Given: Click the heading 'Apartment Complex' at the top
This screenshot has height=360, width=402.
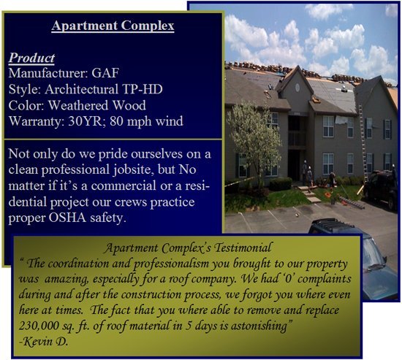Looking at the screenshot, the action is (x=113, y=26).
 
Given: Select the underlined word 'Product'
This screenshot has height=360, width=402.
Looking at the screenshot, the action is (x=31, y=58).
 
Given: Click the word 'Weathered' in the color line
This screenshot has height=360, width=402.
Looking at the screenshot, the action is (x=78, y=105).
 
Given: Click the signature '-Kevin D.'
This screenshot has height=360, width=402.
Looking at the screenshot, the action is (x=44, y=341).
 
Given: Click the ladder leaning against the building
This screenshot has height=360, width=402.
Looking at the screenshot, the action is (x=363, y=143).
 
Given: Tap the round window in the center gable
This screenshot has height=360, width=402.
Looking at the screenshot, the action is (x=297, y=88).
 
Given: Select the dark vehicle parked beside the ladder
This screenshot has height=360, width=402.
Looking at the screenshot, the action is (x=382, y=189).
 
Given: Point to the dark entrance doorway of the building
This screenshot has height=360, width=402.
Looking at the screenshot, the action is (x=295, y=164).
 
